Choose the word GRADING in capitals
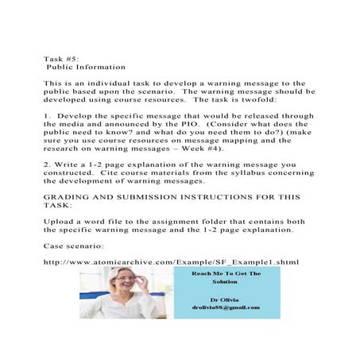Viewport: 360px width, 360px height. (x=68, y=197)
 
